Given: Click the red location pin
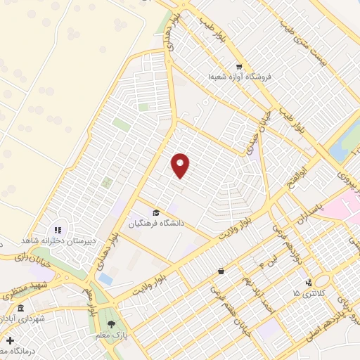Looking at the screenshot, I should pos(181,165).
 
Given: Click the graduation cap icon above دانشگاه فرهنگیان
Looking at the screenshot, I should pos(155,212).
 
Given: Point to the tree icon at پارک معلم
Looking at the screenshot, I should pos(111,323).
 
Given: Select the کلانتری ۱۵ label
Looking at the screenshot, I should pos(307,292).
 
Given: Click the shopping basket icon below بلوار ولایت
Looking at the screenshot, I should pos(221,271).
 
